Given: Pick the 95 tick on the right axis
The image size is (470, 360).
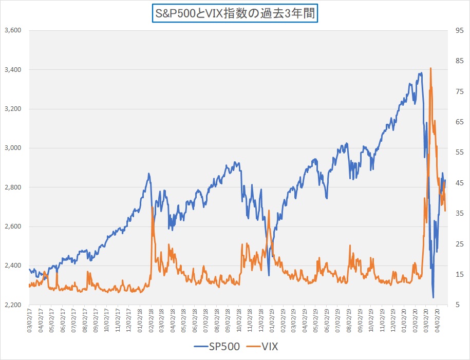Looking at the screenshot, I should [x=453, y=30].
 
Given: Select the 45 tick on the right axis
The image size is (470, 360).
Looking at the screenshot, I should [x=453, y=183].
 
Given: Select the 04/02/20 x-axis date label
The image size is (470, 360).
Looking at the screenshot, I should [x=437, y=320].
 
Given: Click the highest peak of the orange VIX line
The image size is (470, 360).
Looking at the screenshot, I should [x=430, y=68].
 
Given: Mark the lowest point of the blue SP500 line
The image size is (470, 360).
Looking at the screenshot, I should [x=434, y=297].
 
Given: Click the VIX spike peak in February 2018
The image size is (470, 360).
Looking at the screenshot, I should [x=152, y=207].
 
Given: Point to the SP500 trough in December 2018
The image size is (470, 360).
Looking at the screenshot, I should [x=269, y=275].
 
